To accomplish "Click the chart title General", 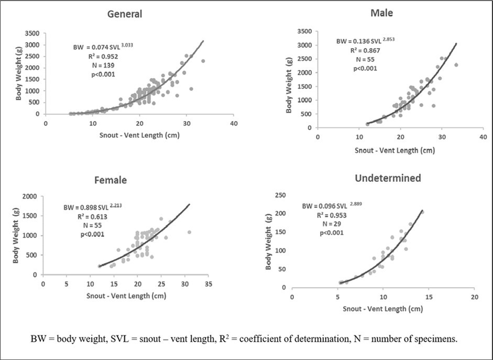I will click(125, 14).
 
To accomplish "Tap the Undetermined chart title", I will click(388, 178).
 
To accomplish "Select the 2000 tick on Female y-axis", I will click(29, 197).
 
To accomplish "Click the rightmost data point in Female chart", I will click(189, 232).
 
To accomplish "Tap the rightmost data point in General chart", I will click(203, 61).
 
